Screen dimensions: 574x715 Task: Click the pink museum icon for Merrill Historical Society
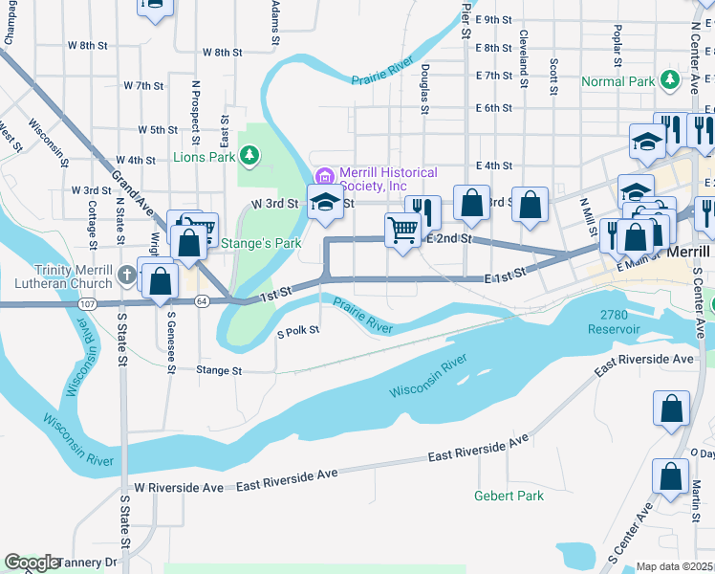point(324,175)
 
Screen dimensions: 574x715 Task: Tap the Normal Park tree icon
point(670,80)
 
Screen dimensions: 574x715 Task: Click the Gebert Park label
point(509,496)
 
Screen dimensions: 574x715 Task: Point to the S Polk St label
point(297,333)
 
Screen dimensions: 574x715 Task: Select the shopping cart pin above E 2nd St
point(402,230)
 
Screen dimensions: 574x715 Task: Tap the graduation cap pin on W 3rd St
point(324,202)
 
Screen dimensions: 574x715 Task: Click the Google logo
point(32,563)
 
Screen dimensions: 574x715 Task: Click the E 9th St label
point(494,19)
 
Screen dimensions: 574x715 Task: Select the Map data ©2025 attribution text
point(674,566)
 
